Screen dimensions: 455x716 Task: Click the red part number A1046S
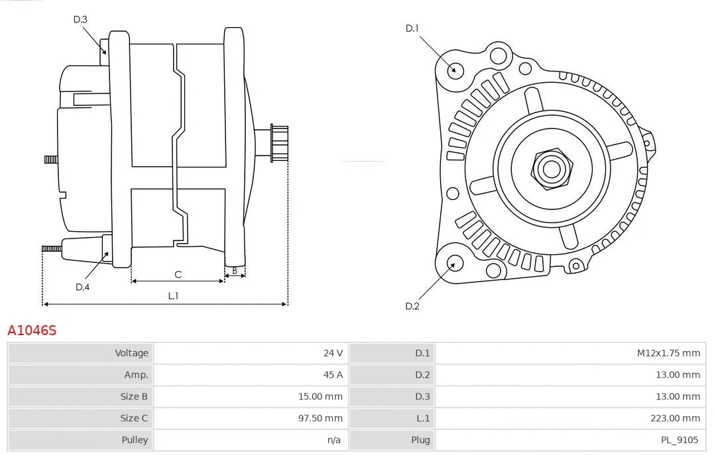tap(32, 330)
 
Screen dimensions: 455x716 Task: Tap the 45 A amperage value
tap(333, 375)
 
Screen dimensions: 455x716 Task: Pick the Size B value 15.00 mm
tap(320, 397)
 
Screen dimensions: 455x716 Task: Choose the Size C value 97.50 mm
tap(320, 419)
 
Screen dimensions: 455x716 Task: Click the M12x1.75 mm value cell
tap(668, 353)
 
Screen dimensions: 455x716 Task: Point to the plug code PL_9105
tap(680, 440)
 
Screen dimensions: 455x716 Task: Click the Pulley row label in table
tap(135, 440)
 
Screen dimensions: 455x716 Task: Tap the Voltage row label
tap(131, 353)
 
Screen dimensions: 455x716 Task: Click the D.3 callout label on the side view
tap(80, 19)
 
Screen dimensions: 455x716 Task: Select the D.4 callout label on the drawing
tap(82, 287)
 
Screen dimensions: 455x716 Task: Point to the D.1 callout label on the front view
tap(412, 28)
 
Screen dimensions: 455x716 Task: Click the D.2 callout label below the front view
tap(412, 306)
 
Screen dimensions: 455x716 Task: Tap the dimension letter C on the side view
tap(178, 274)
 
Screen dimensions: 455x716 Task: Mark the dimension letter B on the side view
tap(235, 270)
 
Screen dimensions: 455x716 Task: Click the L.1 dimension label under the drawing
tap(173, 296)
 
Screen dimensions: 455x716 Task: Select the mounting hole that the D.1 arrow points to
tap(455, 69)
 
